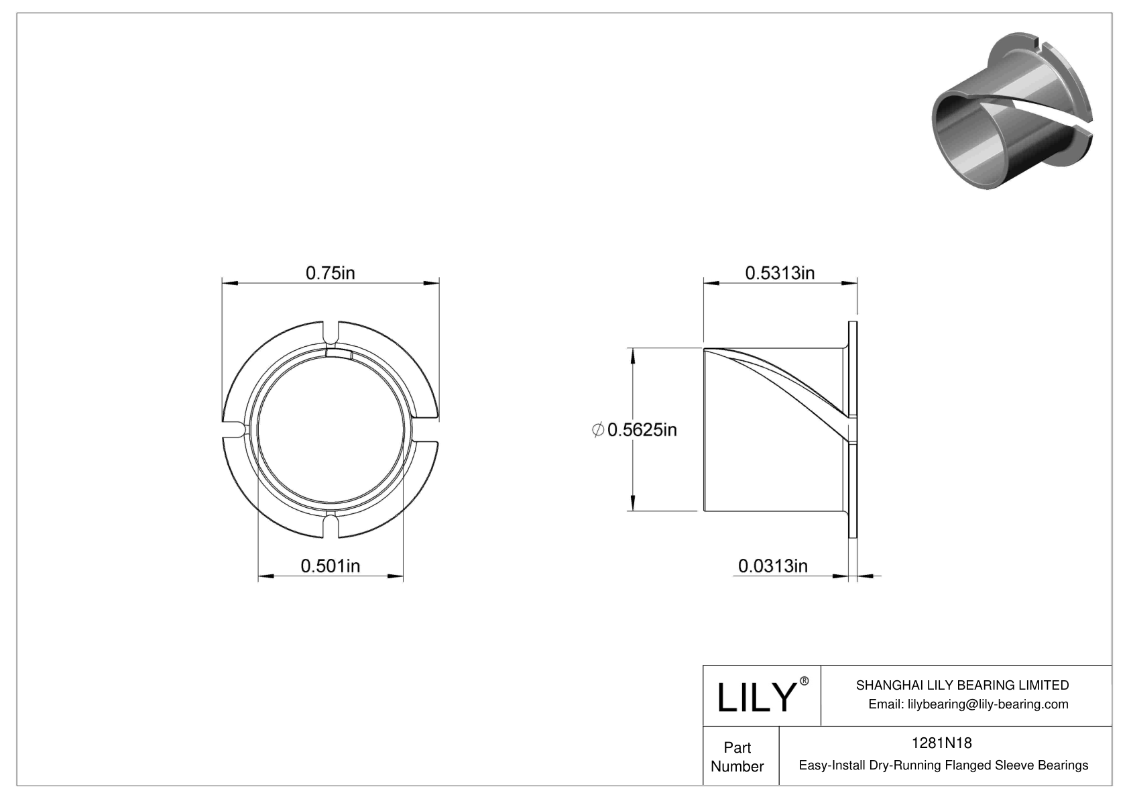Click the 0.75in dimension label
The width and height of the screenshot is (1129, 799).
(330, 273)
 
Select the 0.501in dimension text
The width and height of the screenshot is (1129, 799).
(330, 566)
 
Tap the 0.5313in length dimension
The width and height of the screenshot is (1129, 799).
(780, 273)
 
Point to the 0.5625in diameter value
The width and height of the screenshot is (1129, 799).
(642, 430)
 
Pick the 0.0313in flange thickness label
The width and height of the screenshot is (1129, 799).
(772, 566)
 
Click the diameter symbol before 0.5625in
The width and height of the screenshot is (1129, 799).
(599, 430)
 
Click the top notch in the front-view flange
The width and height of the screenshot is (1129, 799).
(331, 332)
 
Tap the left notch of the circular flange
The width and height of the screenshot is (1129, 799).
(233, 430)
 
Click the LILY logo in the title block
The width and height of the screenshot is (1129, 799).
(756, 697)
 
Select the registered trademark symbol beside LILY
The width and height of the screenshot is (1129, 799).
(805, 681)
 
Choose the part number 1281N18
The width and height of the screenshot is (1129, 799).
(941, 743)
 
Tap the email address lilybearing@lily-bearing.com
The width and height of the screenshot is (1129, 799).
(967, 704)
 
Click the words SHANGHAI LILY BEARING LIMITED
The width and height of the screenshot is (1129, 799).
(962, 685)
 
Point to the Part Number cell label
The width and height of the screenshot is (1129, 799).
(737, 757)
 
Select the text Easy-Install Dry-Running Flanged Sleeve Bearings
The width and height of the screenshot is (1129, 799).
(943, 765)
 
